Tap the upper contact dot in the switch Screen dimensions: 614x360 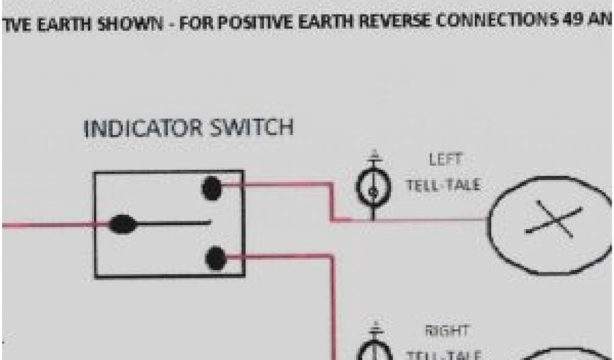point(212,188)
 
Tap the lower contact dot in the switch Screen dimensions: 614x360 point(215,259)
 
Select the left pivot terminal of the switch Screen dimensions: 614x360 point(122,224)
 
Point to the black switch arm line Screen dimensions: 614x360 point(174,224)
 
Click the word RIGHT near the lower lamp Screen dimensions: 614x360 point(447,331)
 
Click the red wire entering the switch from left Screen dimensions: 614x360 point(48,225)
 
